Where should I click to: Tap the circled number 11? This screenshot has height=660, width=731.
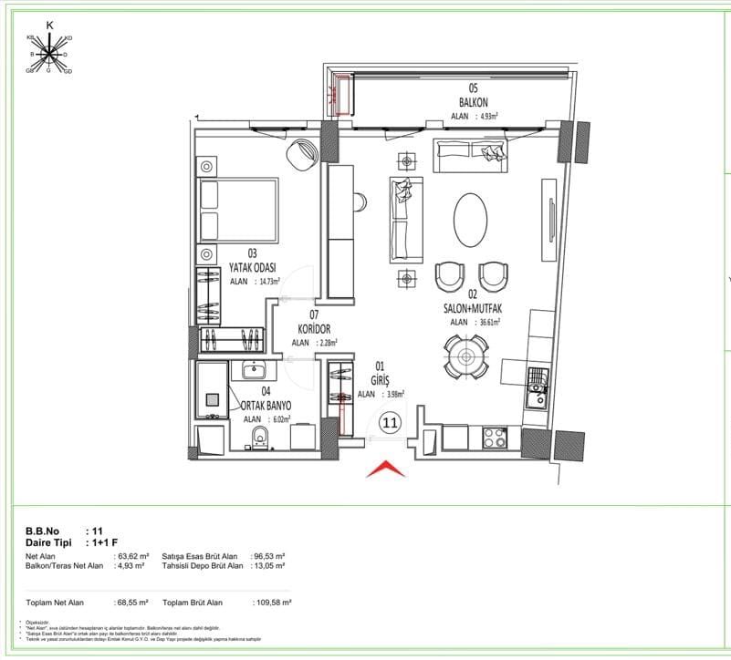390,422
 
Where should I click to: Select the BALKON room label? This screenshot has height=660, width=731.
473,102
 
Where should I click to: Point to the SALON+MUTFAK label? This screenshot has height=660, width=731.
474,308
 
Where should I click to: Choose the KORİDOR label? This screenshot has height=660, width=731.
314,328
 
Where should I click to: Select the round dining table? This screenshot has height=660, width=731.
466,356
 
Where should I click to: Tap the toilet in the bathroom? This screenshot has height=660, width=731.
259,437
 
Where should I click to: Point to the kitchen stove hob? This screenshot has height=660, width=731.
495,437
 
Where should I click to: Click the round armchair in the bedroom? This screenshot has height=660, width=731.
299,155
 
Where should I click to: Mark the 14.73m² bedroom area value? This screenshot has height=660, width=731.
267,282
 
